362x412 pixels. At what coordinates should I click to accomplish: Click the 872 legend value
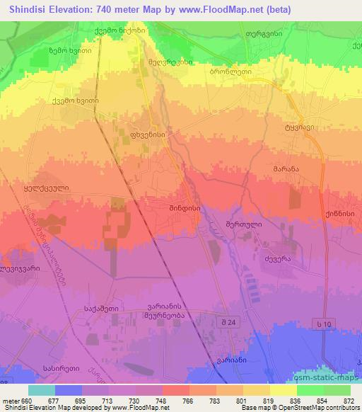click(x=349, y=400)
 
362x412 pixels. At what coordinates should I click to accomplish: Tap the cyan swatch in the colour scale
click(x=42, y=390)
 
